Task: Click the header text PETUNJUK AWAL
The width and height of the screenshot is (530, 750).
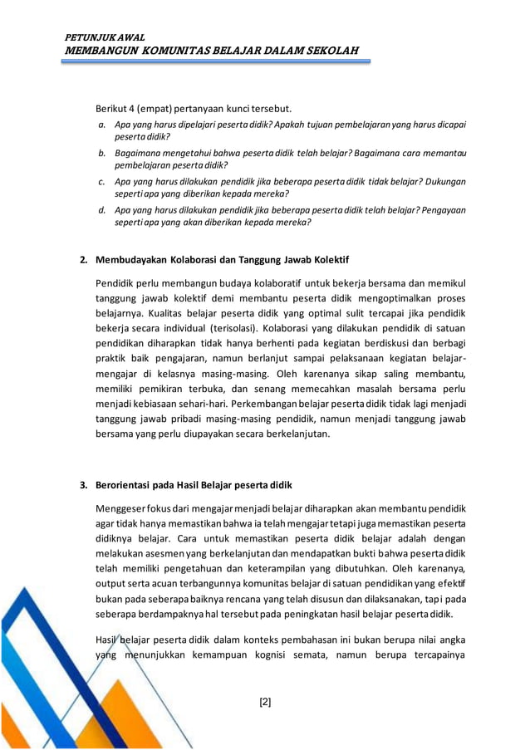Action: pyautogui.click(x=105, y=38)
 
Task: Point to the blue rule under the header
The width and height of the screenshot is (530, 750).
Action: pyautogui.click(x=217, y=62)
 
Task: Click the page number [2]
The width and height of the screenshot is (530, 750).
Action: pyautogui.click(x=265, y=702)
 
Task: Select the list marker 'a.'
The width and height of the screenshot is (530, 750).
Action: pyautogui.click(x=101, y=124)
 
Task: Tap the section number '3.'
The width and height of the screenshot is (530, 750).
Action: pyautogui.click(x=84, y=485)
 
